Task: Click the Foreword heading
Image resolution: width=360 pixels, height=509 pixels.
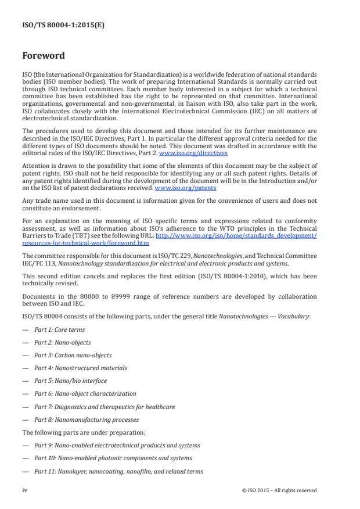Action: point(43,56)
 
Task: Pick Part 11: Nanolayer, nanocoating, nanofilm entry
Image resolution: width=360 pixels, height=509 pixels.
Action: point(118,471)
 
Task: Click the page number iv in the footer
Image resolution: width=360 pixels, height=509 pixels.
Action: point(24,490)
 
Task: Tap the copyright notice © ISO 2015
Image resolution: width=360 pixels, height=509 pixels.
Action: point(279,490)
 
